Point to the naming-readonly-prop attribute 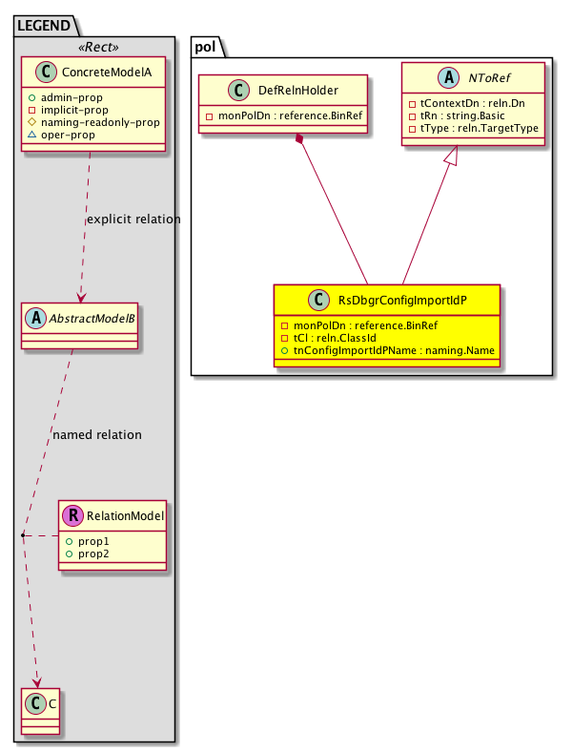[x=105, y=122]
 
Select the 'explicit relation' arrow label [x=133, y=219]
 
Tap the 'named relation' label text [x=97, y=435]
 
